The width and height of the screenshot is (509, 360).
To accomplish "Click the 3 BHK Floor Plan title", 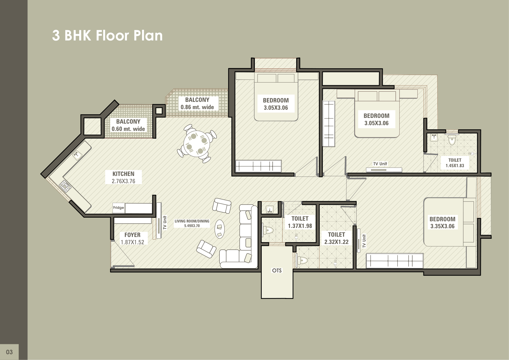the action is tap(107, 35).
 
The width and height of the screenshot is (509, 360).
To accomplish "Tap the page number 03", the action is tap(9, 352).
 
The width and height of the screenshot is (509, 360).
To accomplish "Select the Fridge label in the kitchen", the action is tap(118, 207).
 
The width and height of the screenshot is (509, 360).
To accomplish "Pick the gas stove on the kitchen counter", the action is tap(65, 186).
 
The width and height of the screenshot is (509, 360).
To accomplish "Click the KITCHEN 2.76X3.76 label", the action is tap(123, 177).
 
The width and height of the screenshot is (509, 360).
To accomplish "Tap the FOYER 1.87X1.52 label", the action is tap(132, 238).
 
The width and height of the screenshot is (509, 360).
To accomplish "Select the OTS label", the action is tap(277, 271).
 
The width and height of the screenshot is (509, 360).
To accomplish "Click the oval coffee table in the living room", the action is tap(220, 229).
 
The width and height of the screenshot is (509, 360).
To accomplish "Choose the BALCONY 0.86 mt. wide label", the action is tap(197, 103).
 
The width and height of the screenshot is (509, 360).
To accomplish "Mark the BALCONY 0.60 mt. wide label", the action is tap(128, 125).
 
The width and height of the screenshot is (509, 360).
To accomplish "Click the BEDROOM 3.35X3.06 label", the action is tap(443, 222).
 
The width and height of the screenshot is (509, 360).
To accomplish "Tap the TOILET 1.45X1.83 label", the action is tap(455, 163).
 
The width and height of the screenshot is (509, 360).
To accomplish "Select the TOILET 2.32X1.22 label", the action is tap(336, 238).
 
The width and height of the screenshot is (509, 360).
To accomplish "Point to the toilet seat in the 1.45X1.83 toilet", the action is tap(452, 140).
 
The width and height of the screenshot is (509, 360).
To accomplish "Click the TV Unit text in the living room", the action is tap(165, 222).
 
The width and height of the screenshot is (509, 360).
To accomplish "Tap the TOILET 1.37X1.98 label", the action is tap(300, 222).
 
